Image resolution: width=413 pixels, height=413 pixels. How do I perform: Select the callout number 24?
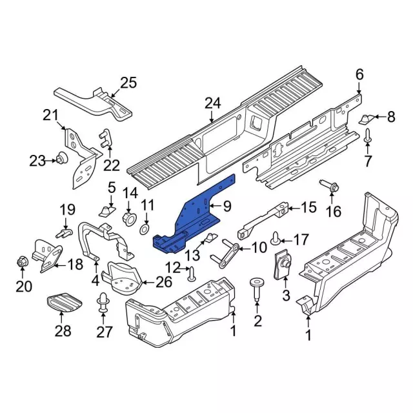tap(212, 103)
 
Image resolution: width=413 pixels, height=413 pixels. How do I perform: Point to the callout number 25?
tap(128, 82)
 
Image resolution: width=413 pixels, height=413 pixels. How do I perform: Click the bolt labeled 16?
tap(334, 188)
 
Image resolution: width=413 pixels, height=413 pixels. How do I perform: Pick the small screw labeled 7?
tap(368, 137)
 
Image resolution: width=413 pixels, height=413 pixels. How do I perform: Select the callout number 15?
tap(309, 208)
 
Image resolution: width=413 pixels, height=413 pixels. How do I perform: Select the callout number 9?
tap(227, 206)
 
